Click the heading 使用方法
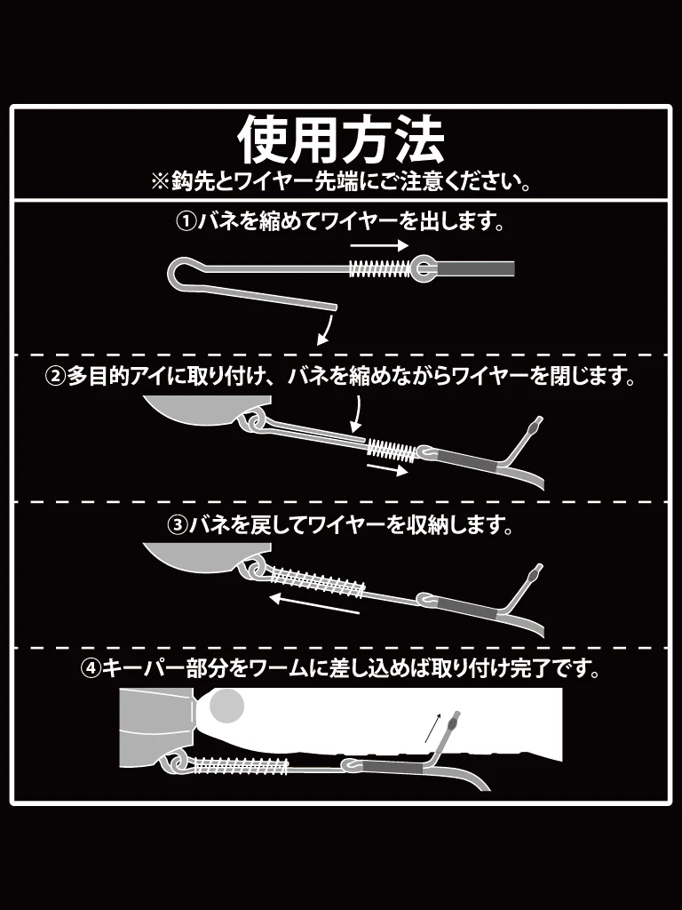point(341,140)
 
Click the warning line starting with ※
point(341,182)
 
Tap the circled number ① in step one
point(186,221)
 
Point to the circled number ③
point(178,525)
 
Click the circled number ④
point(91,669)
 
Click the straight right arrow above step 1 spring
point(379,245)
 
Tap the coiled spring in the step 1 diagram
point(380,268)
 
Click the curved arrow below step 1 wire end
point(325,331)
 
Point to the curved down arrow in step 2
point(357,414)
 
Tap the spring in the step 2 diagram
point(392,450)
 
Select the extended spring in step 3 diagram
point(317,581)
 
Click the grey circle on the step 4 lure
point(226,706)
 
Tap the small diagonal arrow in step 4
point(433,728)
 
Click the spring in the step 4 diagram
point(240,766)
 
